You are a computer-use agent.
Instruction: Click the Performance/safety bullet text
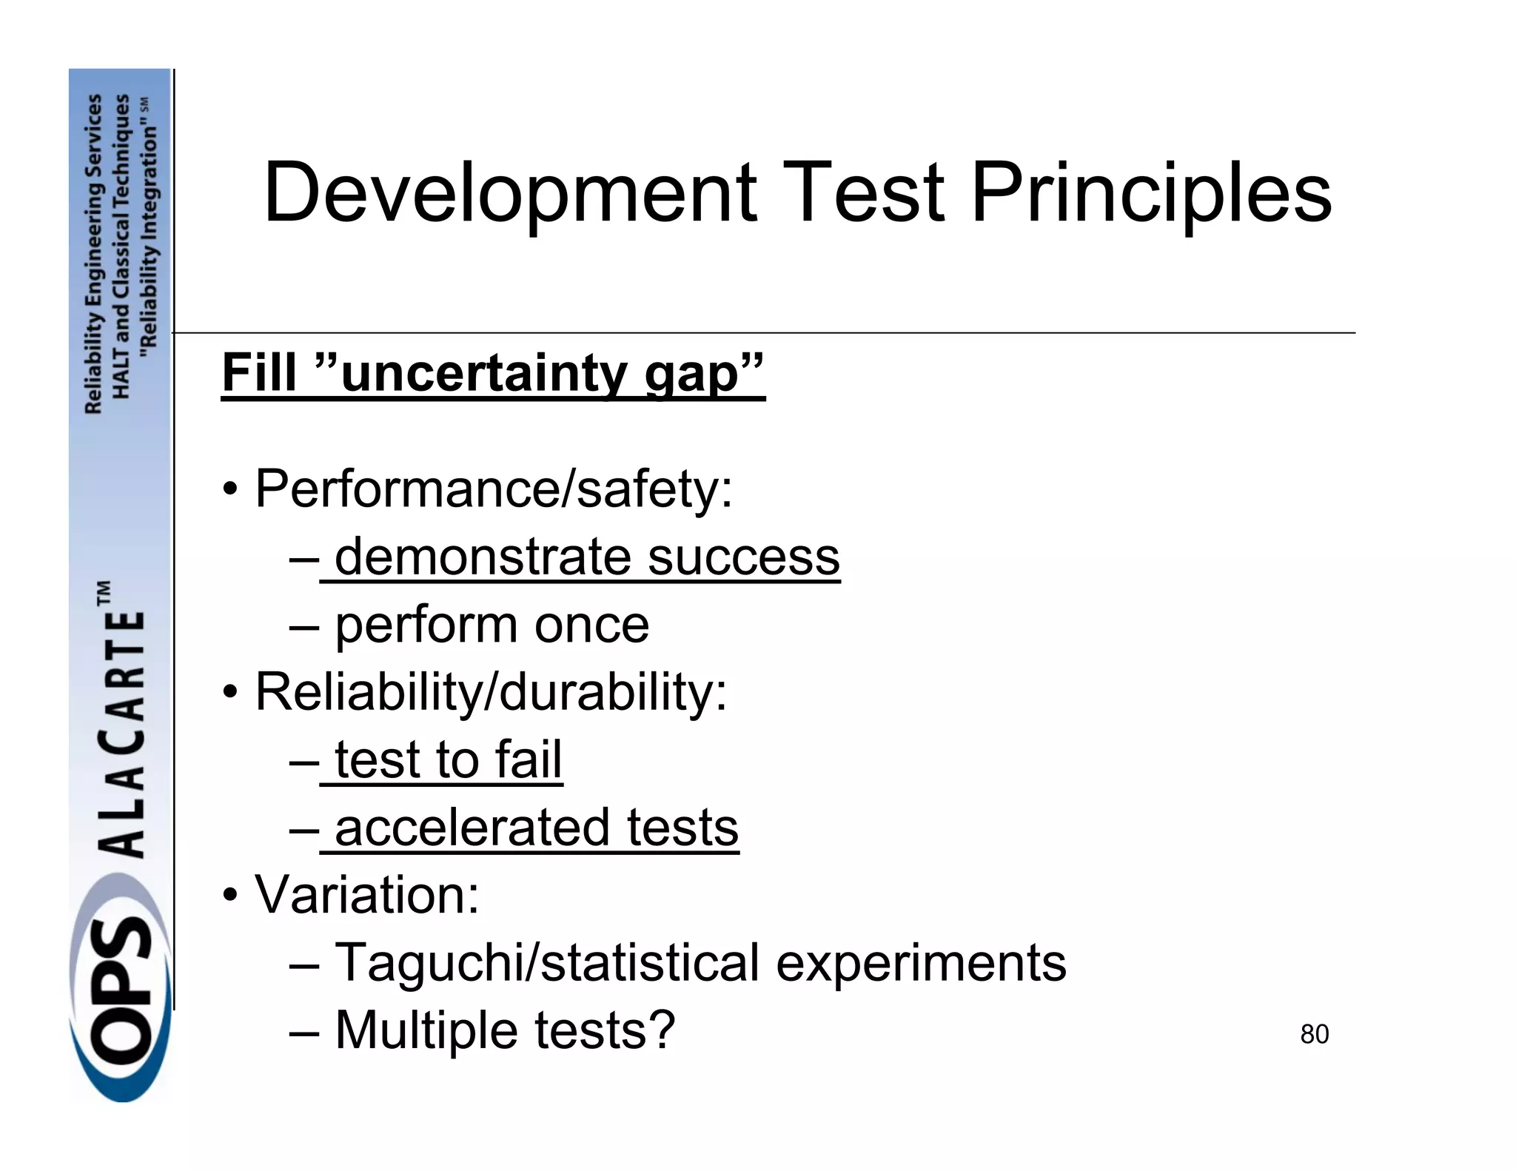[x=493, y=489]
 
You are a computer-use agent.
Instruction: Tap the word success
[x=743, y=557]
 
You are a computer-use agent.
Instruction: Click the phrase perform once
[x=492, y=625]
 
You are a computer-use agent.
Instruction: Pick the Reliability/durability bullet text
[x=491, y=692]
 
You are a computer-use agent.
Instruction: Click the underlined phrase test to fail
[x=448, y=759]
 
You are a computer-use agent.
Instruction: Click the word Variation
[x=366, y=895]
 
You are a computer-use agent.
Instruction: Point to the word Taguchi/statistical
[x=547, y=962]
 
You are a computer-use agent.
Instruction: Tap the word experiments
[x=921, y=962]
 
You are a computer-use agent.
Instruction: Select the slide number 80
[x=1314, y=1034]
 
